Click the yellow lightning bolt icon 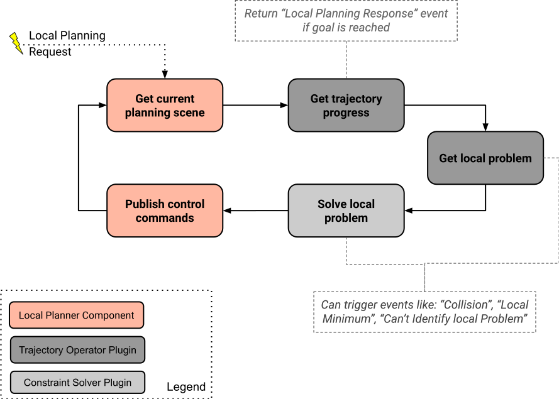(16, 42)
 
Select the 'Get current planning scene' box (165, 105)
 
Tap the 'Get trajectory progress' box (346, 105)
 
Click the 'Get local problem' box (485, 158)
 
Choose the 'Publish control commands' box (165, 210)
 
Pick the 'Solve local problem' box (346, 210)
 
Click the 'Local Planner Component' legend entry (77, 315)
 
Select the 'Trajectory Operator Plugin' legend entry (77, 350)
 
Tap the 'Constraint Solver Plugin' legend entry (77, 383)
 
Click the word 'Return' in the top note (261, 14)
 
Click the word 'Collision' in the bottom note (464, 305)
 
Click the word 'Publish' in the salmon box (146, 204)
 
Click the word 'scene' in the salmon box (189, 113)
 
